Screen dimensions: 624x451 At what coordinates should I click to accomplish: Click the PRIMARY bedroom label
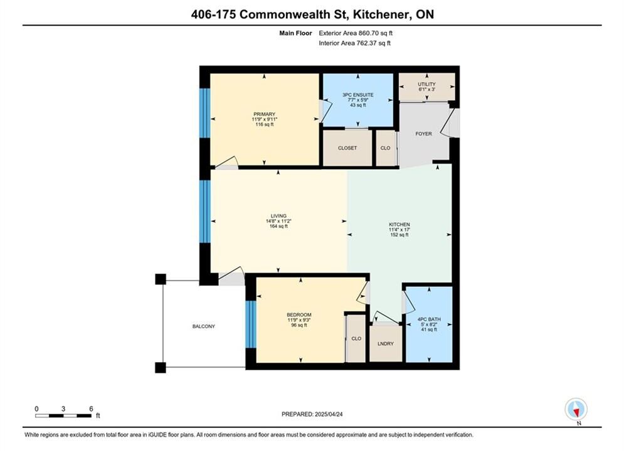(264, 114)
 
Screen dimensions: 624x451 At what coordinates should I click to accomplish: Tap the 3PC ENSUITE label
(357, 95)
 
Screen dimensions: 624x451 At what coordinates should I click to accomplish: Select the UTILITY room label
(426, 84)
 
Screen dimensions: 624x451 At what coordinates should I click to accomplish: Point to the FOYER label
(423, 134)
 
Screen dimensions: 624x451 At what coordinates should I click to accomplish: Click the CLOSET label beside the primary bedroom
(347, 148)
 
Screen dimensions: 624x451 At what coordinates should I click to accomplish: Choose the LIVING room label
(278, 216)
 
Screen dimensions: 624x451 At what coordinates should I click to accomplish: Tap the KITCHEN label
(399, 224)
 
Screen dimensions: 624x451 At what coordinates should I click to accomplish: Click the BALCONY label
(204, 326)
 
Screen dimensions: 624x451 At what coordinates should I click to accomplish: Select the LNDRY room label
(386, 344)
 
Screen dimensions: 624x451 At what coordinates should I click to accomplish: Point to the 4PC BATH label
(429, 319)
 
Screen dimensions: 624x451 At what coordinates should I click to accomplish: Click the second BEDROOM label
(299, 314)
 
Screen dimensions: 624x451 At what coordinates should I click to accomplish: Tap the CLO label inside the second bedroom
(356, 338)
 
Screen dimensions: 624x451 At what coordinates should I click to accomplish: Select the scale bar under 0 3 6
(63, 416)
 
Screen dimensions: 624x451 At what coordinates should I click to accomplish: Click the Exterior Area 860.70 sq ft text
(356, 33)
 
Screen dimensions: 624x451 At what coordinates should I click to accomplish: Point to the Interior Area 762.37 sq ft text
(354, 43)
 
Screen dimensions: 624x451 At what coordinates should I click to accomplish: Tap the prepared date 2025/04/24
(329, 414)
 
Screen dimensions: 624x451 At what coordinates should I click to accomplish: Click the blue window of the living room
(204, 211)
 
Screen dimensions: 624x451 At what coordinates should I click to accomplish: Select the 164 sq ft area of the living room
(278, 227)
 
